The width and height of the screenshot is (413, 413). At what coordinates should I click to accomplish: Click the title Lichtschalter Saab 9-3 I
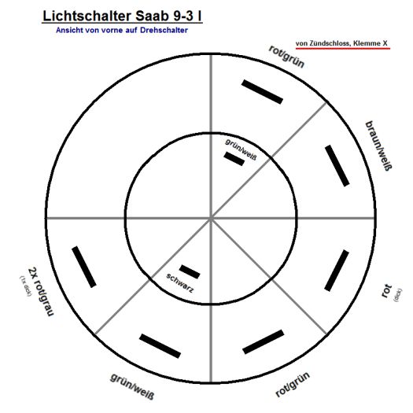click(x=122, y=16)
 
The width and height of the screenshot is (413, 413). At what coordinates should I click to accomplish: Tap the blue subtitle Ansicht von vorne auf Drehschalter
click(x=122, y=30)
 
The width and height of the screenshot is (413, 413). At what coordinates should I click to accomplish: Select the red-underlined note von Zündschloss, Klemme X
click(x=341, y=43)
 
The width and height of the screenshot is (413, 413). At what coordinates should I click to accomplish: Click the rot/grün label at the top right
click(x=286, y=57)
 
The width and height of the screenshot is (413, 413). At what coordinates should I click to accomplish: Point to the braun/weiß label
click(x=378, y=146)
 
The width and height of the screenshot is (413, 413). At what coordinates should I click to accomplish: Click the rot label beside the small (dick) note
click(x=386, y=291)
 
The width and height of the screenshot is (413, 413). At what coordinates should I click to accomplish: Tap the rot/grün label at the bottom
click(x=293, y=385)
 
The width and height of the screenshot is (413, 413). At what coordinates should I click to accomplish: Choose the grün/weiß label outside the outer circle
click(x=132, y=386)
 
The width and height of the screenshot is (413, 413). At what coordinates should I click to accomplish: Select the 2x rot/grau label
click(x=41, y=291)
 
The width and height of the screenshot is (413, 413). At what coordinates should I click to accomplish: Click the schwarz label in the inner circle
click(x=180, y=283)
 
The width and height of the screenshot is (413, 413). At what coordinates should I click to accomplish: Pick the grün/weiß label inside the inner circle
click(x=241, y=149)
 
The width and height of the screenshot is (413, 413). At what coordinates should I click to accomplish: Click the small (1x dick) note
click(x=25, y=286)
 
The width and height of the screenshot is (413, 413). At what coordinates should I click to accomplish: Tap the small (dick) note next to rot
click(x=398, y=295)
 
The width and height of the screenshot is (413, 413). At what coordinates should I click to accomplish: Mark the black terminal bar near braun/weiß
click(x=337, y=166)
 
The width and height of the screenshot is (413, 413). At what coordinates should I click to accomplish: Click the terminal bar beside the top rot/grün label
click(x=262, y=92)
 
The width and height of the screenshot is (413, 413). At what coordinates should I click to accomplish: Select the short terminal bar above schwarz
click(x=190, y=272)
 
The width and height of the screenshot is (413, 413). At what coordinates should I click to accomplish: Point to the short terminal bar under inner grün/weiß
click(x=234, y=159)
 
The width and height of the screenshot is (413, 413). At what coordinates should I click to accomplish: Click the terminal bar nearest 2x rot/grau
click(x=84, y=267)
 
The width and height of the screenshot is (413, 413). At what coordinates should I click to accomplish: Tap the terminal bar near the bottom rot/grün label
click(x=264, y=341)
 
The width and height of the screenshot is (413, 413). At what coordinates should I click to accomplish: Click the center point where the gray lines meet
click(x=211, y=219)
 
